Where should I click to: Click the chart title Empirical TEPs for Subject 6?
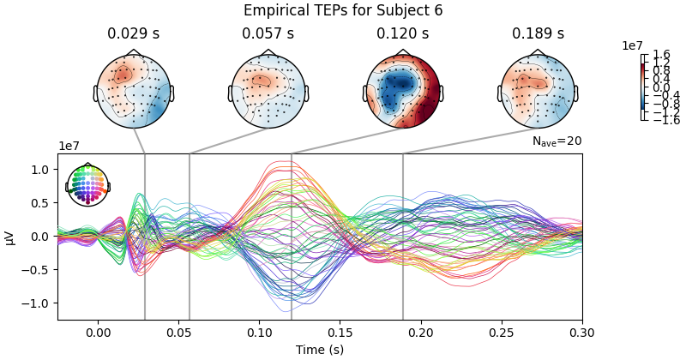pos(343,10)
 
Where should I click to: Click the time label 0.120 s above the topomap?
pos(402,34)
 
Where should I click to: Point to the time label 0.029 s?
pos(133,34)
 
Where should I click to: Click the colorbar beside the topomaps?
pos(643,87)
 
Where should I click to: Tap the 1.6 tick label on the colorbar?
pos(661,54)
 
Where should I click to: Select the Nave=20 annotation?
pos(557,141)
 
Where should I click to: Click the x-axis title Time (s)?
pos(320,350)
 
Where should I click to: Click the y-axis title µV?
pos(10,237)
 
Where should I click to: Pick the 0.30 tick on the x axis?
pos(582,333)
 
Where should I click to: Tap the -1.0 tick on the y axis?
pos(39,303)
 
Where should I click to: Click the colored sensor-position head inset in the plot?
pos(87,185)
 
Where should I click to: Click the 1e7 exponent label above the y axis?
pos(69,147)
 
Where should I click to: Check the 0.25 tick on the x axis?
pos(502,333)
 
